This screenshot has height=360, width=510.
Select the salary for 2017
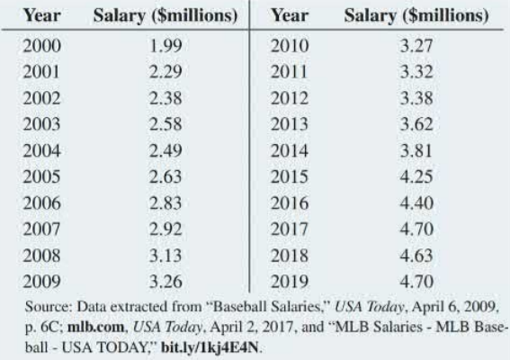coord(413,209)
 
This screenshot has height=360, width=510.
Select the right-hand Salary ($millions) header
coord(413,16)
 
